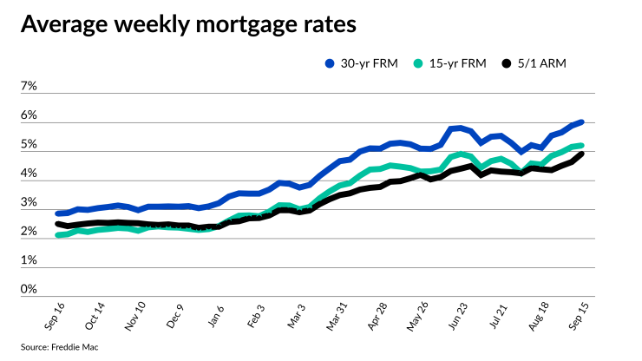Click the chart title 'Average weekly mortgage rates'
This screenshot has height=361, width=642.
[x=188, y=25]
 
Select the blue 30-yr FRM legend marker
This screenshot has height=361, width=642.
[x=330, y=63]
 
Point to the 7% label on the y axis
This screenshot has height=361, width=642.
[x=29, y=87]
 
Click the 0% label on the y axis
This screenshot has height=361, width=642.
[x=29, y=289]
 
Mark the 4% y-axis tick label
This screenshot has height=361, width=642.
[x=29, y=174]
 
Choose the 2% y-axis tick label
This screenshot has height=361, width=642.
[x=29, y=232]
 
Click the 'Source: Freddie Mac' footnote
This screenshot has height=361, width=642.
[x=56, y=348]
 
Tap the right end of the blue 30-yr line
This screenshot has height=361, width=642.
[x=580, y=122]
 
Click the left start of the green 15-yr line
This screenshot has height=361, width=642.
[x=58, y=234]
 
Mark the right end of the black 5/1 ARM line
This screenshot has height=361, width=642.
[x=580, y=154]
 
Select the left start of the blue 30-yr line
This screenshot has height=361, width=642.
[x=58, y=213]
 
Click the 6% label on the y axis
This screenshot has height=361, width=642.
[x=29, y=115]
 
